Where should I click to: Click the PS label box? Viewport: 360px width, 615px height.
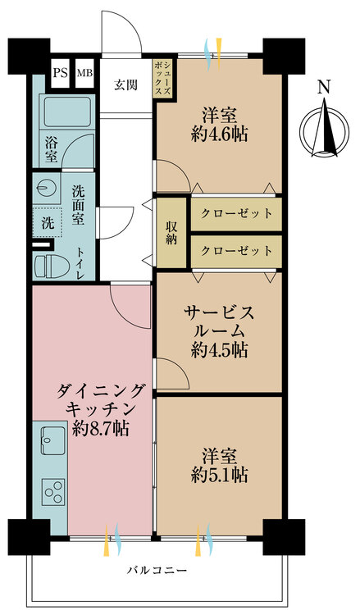point(60,73)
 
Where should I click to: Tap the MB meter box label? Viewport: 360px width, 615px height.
point(84,73)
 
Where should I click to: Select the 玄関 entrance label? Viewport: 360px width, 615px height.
point(125,84)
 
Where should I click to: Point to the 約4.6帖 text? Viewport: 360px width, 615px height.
point(220,133)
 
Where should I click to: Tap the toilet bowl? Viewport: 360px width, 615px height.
point(52,264)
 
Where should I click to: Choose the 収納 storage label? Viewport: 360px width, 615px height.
point(171,232)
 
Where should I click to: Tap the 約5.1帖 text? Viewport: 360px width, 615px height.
point(220,474)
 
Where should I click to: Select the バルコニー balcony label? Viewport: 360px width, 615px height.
point(156,569)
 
